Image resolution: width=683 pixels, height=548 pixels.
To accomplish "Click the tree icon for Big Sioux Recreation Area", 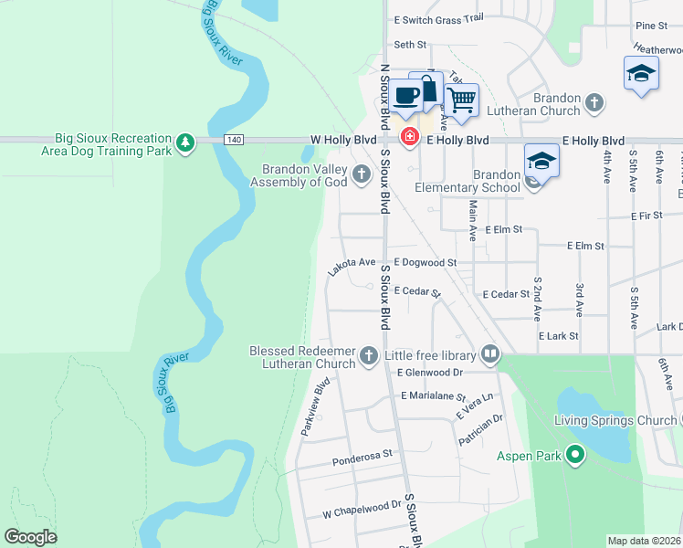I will point(185,142).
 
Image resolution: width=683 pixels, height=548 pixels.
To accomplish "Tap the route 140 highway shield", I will point(235,140).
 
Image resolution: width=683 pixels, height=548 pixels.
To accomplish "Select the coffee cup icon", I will point(408,94).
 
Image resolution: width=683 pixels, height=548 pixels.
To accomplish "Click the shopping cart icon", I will point(462,99).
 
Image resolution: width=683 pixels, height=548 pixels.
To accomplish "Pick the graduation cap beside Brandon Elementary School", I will point(541,161).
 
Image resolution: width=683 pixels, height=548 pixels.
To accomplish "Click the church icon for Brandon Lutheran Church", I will point(594,103).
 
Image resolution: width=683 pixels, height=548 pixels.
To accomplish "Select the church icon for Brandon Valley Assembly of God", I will point(363,174).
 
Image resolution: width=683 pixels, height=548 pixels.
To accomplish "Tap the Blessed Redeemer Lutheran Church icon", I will point(369,355).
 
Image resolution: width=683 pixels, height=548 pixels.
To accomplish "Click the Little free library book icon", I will point(490,354).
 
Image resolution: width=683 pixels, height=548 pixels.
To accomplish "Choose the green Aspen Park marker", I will point(574,454).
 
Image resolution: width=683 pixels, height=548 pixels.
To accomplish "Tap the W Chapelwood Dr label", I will point(363,504).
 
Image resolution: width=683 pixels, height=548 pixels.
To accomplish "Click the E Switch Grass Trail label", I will point(438,18).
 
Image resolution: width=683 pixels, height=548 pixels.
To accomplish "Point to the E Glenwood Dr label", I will point(430,372).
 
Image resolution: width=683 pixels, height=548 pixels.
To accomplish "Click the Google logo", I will point(30,537).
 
